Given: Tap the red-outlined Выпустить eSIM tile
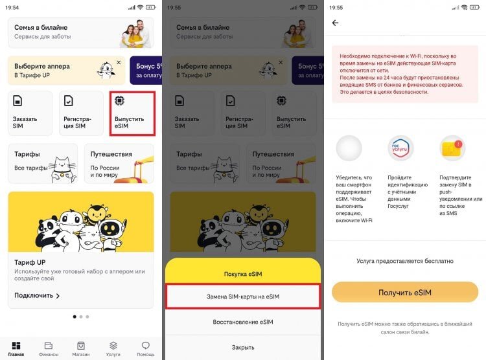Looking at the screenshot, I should click(132, 113).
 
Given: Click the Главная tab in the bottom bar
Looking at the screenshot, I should click(16, 348).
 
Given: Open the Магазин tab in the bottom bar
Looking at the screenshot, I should click(81, 348).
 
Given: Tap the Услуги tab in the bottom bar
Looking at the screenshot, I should click(113, 348).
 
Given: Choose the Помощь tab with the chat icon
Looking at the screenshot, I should click(146, 348).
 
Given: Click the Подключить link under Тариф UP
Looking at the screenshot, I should click(37, 295).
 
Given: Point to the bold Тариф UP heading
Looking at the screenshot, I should click(29, 262).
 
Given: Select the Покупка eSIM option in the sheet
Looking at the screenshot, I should click(243, 274).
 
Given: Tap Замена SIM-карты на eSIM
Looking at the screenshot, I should click(243, 297).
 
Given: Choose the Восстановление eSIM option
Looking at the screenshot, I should click(243, 322).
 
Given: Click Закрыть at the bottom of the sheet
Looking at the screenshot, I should click(243, 347).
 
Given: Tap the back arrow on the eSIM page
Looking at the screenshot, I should click(335, 23).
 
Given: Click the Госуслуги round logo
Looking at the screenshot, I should click(400, 148).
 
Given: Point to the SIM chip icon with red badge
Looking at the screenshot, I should click(452, 148).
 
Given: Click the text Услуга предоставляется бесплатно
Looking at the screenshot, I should click(405, 261).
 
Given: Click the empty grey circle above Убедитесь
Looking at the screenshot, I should click(349, 148).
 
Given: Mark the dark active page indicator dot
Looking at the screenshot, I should click(74, 317).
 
